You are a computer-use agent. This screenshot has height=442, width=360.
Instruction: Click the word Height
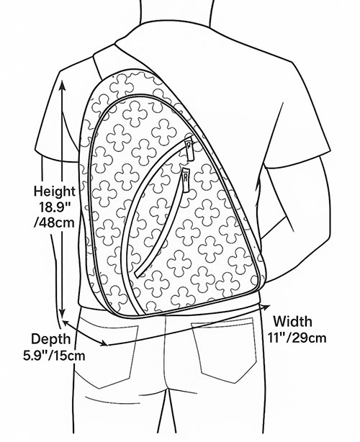[55, 191]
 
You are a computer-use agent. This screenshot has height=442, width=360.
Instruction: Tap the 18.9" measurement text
[55, 207]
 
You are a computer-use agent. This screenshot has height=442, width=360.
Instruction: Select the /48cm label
[54, 222]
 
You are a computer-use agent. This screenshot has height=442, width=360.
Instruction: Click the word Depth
[50, 338]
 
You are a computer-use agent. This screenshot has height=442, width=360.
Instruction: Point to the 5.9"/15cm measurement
[54, 355]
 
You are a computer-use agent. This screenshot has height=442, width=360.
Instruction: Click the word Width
[292, 321]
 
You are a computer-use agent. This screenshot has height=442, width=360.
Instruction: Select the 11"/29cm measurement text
[297, 338]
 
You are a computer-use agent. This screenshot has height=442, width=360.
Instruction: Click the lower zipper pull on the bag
[186, 180]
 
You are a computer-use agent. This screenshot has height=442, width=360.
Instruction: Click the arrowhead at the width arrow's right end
[265, 307]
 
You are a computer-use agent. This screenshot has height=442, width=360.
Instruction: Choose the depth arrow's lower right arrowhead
[104, 343]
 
